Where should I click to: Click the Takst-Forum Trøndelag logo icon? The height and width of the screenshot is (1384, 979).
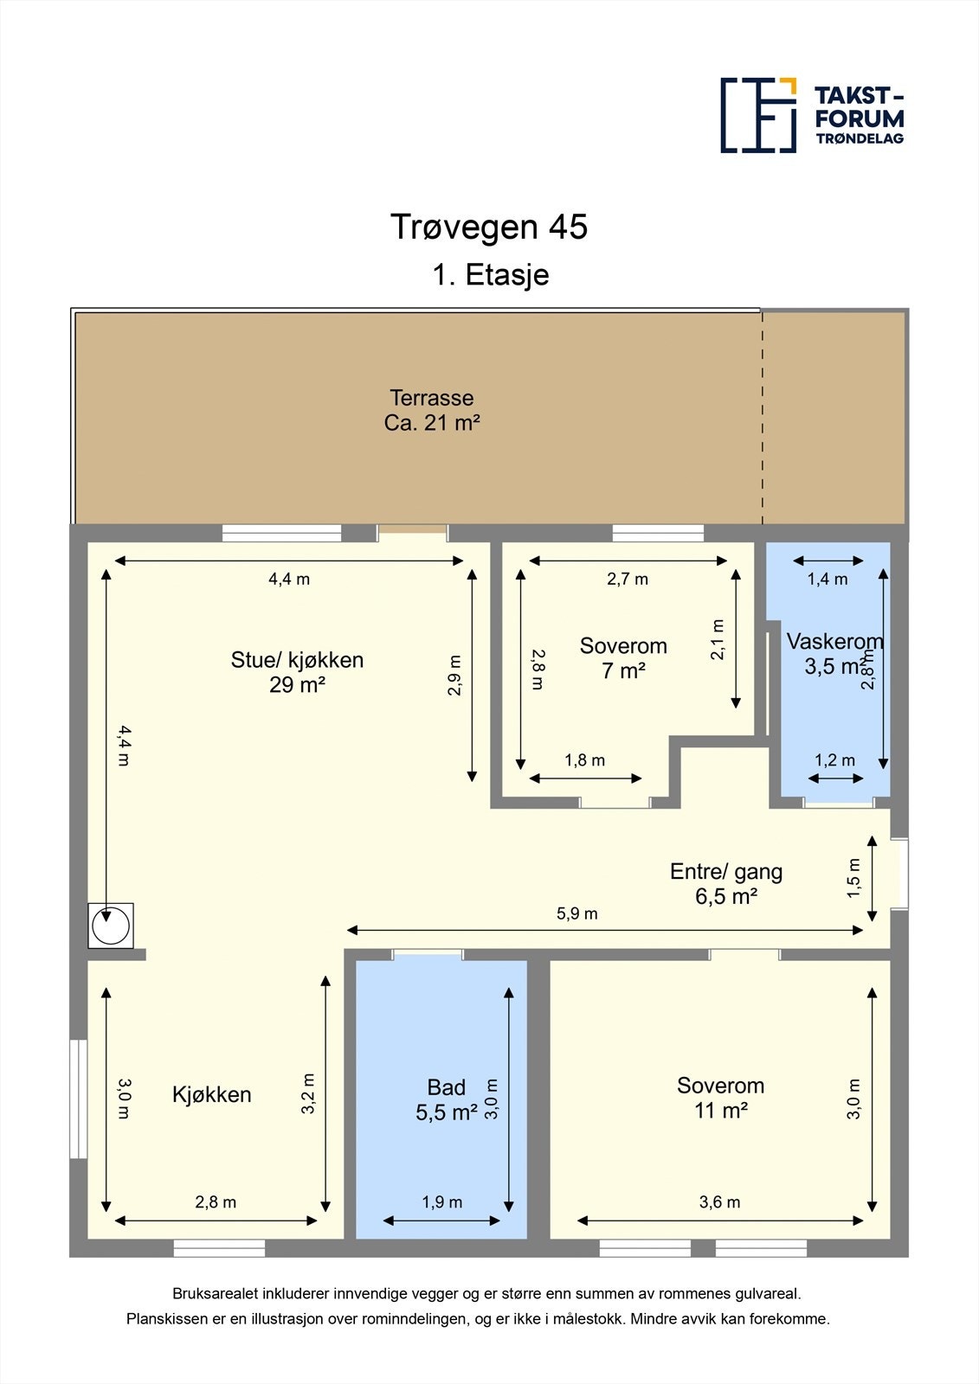(759, 116)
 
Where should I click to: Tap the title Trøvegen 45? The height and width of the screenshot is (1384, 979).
(488, 227)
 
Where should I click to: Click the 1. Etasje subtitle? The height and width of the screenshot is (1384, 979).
(491, 275)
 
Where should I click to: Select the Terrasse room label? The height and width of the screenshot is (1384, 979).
(432, 397)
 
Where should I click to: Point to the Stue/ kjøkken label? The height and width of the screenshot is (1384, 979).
(297, 660)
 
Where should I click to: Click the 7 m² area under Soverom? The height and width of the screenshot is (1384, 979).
(623, 671)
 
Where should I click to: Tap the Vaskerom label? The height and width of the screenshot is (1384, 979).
(834, 641)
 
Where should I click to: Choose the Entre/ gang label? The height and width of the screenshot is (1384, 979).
(726, 872)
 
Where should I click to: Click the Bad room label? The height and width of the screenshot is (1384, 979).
(446, 1087)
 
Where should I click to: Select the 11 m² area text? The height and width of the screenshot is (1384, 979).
(720, 1111)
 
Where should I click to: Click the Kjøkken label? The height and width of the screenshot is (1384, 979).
(211, 1095)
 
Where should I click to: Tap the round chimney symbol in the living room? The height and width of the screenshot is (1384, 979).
(111, 926)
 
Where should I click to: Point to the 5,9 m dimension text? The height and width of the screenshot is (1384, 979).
(577, 913)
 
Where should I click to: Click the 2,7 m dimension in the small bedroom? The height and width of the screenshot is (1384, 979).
(627, 580)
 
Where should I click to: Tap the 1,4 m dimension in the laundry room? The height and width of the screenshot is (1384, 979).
(828, 580)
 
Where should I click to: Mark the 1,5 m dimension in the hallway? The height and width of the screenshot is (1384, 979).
(853, 879)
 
